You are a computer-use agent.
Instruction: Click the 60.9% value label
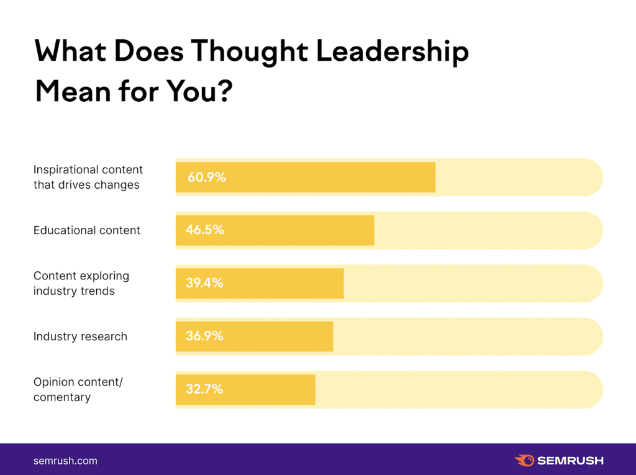pos(207,178)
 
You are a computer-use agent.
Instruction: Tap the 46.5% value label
pos(204,230)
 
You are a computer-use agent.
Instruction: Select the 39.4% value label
pos(204,283)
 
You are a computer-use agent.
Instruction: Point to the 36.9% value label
pos(204,337)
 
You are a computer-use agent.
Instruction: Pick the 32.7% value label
pos(204,389)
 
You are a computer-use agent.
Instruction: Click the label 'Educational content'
pos(87,230)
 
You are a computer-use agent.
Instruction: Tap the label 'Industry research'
pos(80,337)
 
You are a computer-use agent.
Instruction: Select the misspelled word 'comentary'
pos(61,397)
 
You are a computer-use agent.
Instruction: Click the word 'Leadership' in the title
pos(393,52)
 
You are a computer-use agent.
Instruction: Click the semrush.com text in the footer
pos(65,461)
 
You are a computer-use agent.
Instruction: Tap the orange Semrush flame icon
pos(524,460)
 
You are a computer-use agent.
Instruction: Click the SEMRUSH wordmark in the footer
pos(570,461)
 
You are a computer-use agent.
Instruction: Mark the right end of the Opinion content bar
pos(314,389)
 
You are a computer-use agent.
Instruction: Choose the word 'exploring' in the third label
pos(105,276)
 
